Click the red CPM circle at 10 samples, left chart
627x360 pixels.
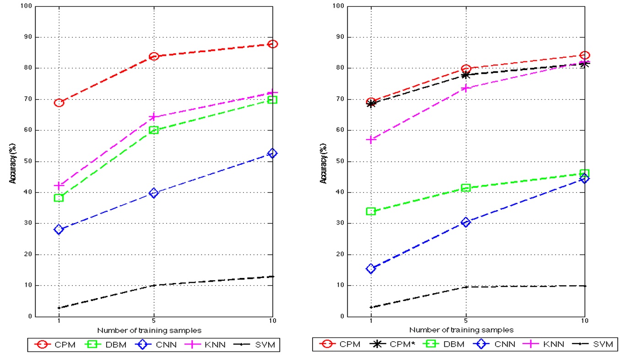point(272,44)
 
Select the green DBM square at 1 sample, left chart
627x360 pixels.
point(59,198)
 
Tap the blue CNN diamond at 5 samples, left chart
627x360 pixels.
point(154,193)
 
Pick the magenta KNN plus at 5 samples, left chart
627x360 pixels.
point(154,117)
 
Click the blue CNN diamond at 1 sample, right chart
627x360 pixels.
point(371,268)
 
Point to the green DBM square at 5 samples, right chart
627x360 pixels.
point(466,188)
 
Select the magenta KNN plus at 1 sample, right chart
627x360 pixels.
point(371,139)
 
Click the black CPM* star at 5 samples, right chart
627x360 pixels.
point(466,75)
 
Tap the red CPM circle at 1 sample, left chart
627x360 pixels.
point(59,103)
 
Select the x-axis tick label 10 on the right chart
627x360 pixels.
point(584,320)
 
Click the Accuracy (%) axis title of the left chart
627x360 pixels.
point(13,161)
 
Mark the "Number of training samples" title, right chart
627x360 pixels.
point(461,329)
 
